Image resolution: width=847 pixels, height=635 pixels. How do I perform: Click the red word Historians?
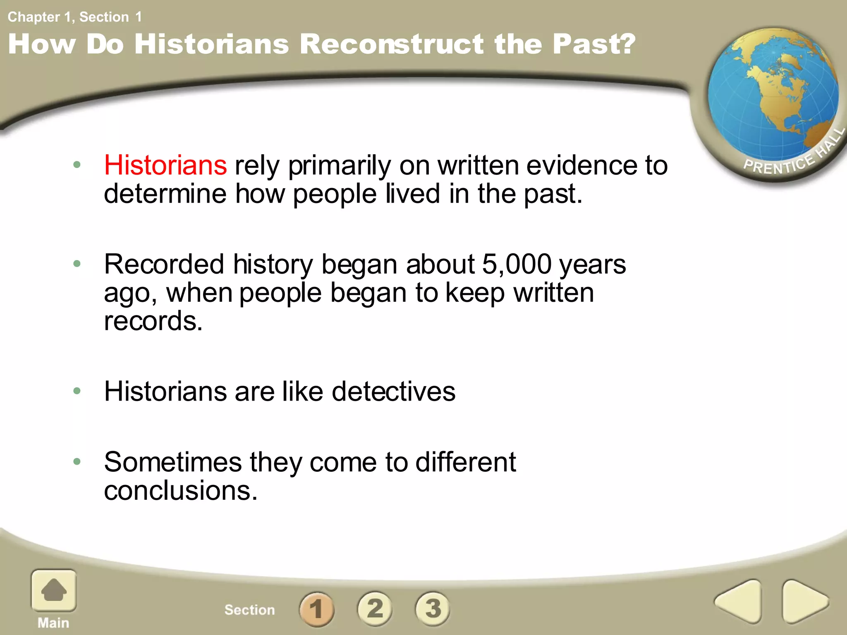tap(165, 165)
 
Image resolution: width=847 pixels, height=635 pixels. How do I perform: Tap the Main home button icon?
tap(54, 590)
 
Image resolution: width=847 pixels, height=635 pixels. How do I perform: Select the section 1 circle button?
tap(317, 609)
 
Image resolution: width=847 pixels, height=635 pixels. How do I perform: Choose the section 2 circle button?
tap(375, 609)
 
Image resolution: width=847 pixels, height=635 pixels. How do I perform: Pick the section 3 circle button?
tap(433, 609)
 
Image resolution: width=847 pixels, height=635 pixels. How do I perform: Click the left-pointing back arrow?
tap(739, 602)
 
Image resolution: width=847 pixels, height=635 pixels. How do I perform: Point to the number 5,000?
tap(517, 264)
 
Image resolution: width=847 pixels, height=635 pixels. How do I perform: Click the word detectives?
tap(393, 391)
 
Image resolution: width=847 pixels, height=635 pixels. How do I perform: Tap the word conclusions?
tap(180, 491)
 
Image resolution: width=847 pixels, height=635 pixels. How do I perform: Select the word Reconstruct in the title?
tap(391, 44)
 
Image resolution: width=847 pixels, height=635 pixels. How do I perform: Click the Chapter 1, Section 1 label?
tap(74, 17)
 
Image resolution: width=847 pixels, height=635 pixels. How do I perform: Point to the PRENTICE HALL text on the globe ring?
tap(792, 157)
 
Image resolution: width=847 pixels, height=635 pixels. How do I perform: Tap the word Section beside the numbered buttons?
tap(249, 610)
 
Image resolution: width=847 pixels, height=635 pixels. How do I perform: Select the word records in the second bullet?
tap(153, 321)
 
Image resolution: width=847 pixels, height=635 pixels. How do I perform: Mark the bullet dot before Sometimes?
tap(77, 461)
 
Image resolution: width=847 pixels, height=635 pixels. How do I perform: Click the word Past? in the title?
tap(594, 44)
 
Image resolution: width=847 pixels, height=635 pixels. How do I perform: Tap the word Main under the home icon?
tap(53, 623)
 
